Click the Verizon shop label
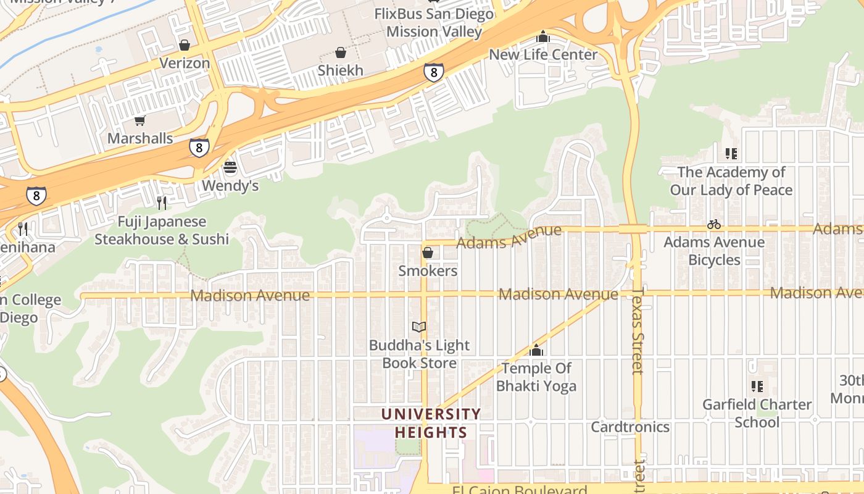tap(185, 63)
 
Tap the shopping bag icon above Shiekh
tap(341, 53)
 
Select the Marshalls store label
tap(140, 138)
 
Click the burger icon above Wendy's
tap(230, 168)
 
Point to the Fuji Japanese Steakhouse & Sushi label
tap(162, 230)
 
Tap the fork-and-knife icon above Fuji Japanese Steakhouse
tap(162, 203)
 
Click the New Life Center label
tap(543, 54)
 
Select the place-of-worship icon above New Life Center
tap(543, 37)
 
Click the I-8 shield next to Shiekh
tap(434, 72)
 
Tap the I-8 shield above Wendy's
tap(199, 148)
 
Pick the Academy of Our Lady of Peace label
tap(731, 181)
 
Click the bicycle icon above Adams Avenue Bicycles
tap(714, 225)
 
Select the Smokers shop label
tap(428, 270)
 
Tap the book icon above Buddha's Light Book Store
tap(419, 327)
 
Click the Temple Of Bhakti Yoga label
tap(536, 377)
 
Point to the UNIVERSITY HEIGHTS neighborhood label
tap(430, 423)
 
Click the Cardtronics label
tap(630, 427)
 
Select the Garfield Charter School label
tap(757, 413)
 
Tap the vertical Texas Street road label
tap(638, 330)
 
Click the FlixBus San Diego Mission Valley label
tap(434, 22)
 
